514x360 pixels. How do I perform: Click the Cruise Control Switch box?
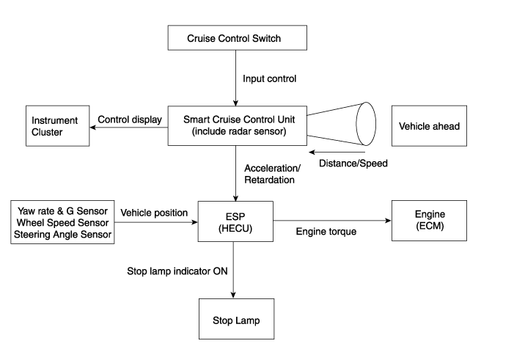click(235, 38)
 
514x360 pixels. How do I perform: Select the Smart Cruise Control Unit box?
click(235, 125)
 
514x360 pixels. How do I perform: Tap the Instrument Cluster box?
click(57, 126)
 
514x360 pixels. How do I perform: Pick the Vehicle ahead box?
click(429, 126)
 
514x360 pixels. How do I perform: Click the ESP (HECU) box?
click(235, 221)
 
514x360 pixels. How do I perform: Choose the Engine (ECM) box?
click(429, 221)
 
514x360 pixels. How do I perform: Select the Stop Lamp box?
click(236, 320)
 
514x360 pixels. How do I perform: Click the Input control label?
click(269, 78)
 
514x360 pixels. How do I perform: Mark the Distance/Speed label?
click(353, 164)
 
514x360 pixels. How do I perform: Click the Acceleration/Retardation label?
click(269, 175)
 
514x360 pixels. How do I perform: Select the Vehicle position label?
click(154, 213)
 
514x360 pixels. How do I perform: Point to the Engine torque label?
click(326, 232)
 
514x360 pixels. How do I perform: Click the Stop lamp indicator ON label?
click(177, 271)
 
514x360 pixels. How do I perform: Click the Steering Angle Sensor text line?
click(62, 235)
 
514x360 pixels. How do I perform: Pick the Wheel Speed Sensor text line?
click(62, 223)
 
